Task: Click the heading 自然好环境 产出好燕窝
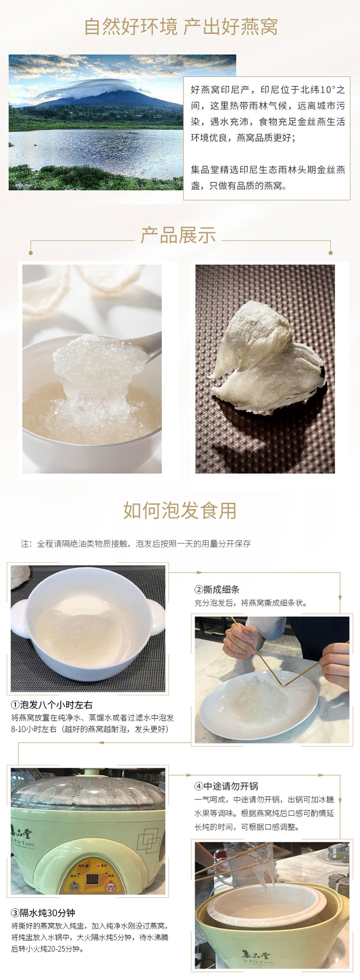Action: (x=180, y=27)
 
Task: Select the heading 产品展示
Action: (x=178, y=236)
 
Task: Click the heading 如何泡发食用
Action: (x=180, y=510)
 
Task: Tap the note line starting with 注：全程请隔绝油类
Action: (x=135, y=544)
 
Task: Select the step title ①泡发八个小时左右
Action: (x=52, y=705)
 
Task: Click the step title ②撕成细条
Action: (x=216, y=589)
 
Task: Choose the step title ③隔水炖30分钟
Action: (x=43, y=913)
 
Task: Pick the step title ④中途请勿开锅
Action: (x=226, y=786)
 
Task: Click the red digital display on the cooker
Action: (x=92, y=879)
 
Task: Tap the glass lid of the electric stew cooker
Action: (x=86, y=792)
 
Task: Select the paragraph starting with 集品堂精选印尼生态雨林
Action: (x=268, y=178)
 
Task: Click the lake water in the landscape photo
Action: (x=96, y=149)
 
